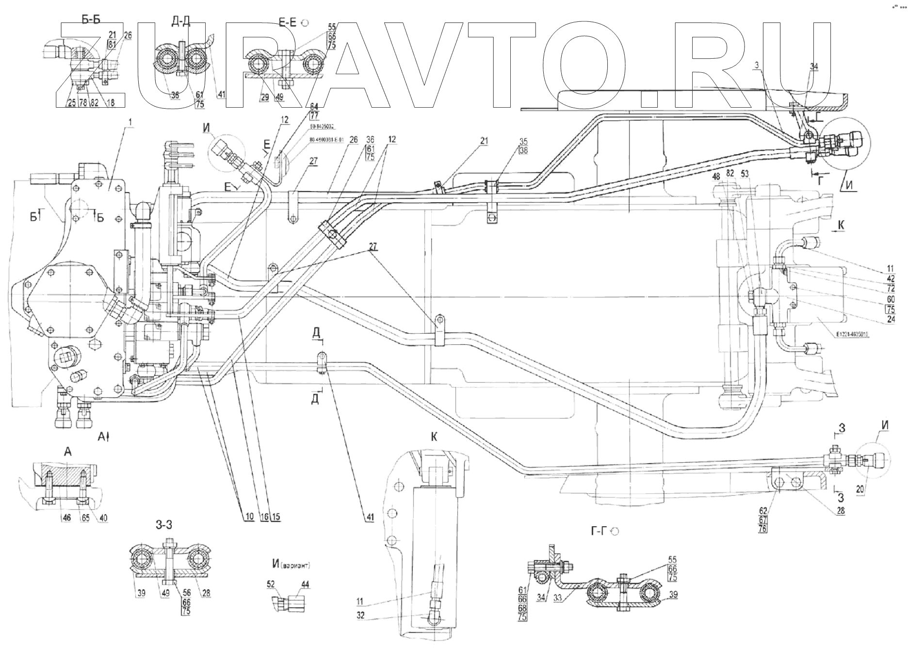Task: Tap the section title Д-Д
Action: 181,21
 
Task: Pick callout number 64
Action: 314,106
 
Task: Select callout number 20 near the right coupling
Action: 860,489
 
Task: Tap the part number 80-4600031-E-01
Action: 326,140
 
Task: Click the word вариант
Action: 297,566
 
